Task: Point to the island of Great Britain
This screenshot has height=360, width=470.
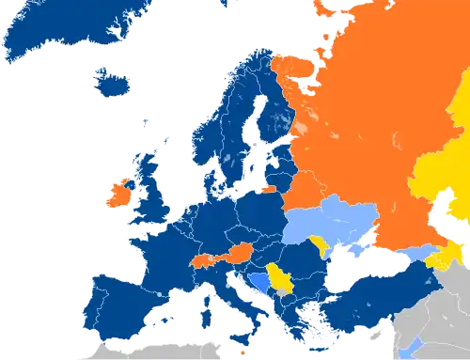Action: pyautogui.click(x=149, y=193)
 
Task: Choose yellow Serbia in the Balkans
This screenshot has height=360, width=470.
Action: pyautogui.click(x=280, y=279)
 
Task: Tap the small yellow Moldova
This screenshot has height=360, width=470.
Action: pyautogui.click(x=325, y=246)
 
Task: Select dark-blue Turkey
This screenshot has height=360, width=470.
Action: pyautogui.click(x=376, y=301)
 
